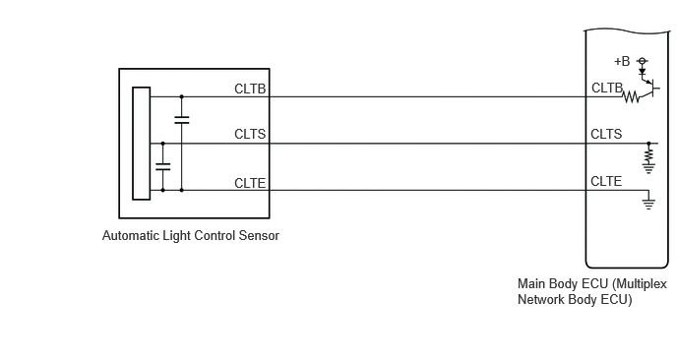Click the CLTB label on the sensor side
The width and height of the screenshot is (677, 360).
click(x=250, y=89)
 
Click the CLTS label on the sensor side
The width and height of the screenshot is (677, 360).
click(x=250, y=134)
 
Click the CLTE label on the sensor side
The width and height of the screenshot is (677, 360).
click(x=250, y=183)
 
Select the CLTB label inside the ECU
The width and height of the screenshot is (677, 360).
click(x=607, y=89)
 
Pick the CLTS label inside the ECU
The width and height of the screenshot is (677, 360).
click(x=606, y=134)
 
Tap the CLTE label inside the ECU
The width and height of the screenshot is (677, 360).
click(x=606, y=181)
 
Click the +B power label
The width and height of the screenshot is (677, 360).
click(x=622, y=62)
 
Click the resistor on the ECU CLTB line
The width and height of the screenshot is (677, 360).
click(x=631, y=97)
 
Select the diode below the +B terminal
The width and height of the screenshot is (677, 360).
click(x=642, y=72)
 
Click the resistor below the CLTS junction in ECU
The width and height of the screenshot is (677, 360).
click(x=648, y=154)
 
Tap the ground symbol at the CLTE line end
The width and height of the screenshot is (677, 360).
click(x=648, y=205)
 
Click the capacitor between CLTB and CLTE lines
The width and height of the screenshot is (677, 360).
click(x=182, y=120)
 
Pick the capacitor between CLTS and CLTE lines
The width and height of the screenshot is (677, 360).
click(x=162, y=166)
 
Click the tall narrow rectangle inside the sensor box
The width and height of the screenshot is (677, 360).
click(x=141, y=144)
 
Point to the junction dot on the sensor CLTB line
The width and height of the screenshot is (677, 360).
click(x=182, y=96)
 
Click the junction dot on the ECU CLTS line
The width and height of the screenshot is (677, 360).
click(x=648, y=144)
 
